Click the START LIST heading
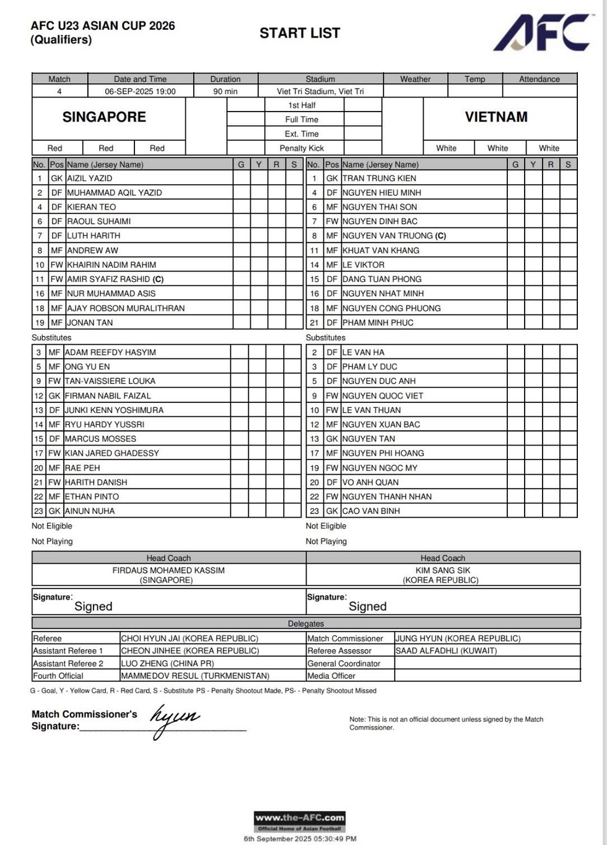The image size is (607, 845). (x=300, y=33)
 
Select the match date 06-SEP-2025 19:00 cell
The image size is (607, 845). (x=140, y=91)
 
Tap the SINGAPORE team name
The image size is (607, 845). (x=104, y=117)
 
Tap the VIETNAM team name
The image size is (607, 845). (x=496, y=117)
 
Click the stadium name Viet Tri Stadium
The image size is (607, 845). (x=320, y=91)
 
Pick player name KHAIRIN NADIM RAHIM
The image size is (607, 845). (x=111, y=265)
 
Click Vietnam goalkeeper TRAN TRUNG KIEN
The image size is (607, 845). (x=379, y=178)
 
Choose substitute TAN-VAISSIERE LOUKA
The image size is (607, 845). (x=110, y=381)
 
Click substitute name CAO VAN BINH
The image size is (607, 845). (x=371, y=511)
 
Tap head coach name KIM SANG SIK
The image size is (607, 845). (x=443, y=570)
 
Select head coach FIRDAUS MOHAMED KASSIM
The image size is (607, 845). (x=168, y=570)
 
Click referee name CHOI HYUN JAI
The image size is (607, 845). (x=190, y=639)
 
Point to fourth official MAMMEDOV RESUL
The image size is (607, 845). (x=195, y=676)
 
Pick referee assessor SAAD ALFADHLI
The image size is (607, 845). (x=446, y=651)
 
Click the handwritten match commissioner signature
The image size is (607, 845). (x=175, y=719)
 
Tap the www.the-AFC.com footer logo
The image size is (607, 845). (x=300, y=821)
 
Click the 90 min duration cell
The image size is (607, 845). (x=225, y=91)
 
